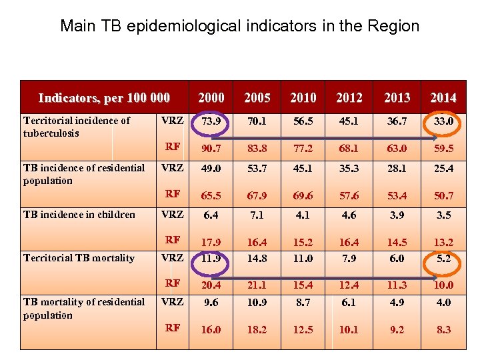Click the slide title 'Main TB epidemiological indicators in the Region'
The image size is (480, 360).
coord(239,26)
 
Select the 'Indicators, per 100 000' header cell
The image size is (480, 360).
coord(104,98)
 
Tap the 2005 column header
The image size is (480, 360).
coord(257,98)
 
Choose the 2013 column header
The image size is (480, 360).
coord(397,98)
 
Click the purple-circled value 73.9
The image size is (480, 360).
coord(211,122)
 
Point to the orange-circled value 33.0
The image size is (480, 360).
coord(443,122)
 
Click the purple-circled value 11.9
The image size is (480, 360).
coord(211,258)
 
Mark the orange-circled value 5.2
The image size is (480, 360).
coord(443,258)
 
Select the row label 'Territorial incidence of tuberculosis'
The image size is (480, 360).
coord(77,127)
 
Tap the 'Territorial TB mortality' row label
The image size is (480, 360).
coord(79,258)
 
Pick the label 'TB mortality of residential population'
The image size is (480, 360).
coord(83,308)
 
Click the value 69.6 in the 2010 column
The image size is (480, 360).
coord(303,194)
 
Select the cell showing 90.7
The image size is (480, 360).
coord(211,146)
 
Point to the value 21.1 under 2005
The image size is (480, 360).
coord(257,286)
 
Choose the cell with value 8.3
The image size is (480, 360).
coord(443,329)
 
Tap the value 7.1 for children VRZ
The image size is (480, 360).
coord(257,215)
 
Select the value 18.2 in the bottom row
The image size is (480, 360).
coord(257,329)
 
